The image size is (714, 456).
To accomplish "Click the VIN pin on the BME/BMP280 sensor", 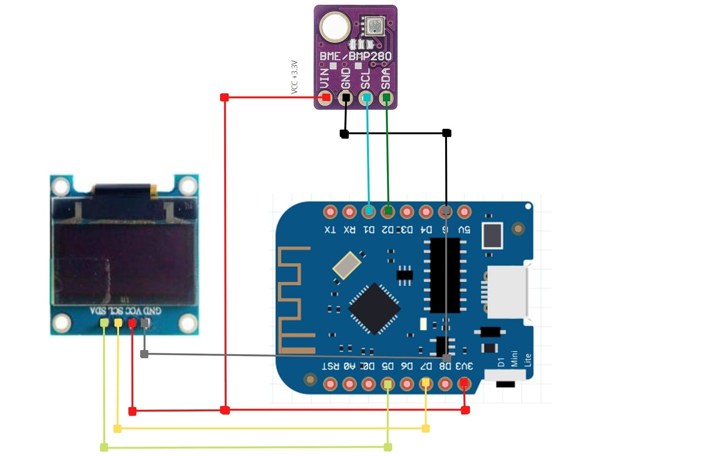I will [x=326, y=98].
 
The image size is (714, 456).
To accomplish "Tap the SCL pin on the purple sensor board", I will [x=367, y=98].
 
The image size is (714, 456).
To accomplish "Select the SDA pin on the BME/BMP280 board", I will [x=386, y=98].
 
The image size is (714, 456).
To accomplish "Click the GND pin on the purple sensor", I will [x=346, y=98].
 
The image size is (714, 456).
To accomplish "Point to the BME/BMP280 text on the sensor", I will [x=355, y=56].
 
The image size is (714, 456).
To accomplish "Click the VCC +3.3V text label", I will [x=294, y=77].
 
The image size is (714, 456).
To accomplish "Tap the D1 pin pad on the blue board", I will [x=368, y=211].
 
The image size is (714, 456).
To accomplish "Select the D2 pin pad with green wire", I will [x=388, y=211].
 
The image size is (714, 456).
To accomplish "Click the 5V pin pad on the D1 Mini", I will [x=464, y=211].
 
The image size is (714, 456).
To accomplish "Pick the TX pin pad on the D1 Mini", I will [x=330, y=211].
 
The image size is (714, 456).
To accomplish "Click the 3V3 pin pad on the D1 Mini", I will [x=464, y=383].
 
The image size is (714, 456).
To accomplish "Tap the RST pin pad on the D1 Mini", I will [x=330, y=384].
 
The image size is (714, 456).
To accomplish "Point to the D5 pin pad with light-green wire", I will [x=387, y=384].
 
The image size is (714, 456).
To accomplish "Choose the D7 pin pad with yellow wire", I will [x=426, y=383].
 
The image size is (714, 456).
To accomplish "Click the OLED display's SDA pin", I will [x=104, y=323].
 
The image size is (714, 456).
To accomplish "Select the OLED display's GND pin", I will [x=145, y=323].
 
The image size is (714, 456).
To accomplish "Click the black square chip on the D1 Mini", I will [x=374, y=308].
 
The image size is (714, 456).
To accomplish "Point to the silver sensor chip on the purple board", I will [x=375, y=26].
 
